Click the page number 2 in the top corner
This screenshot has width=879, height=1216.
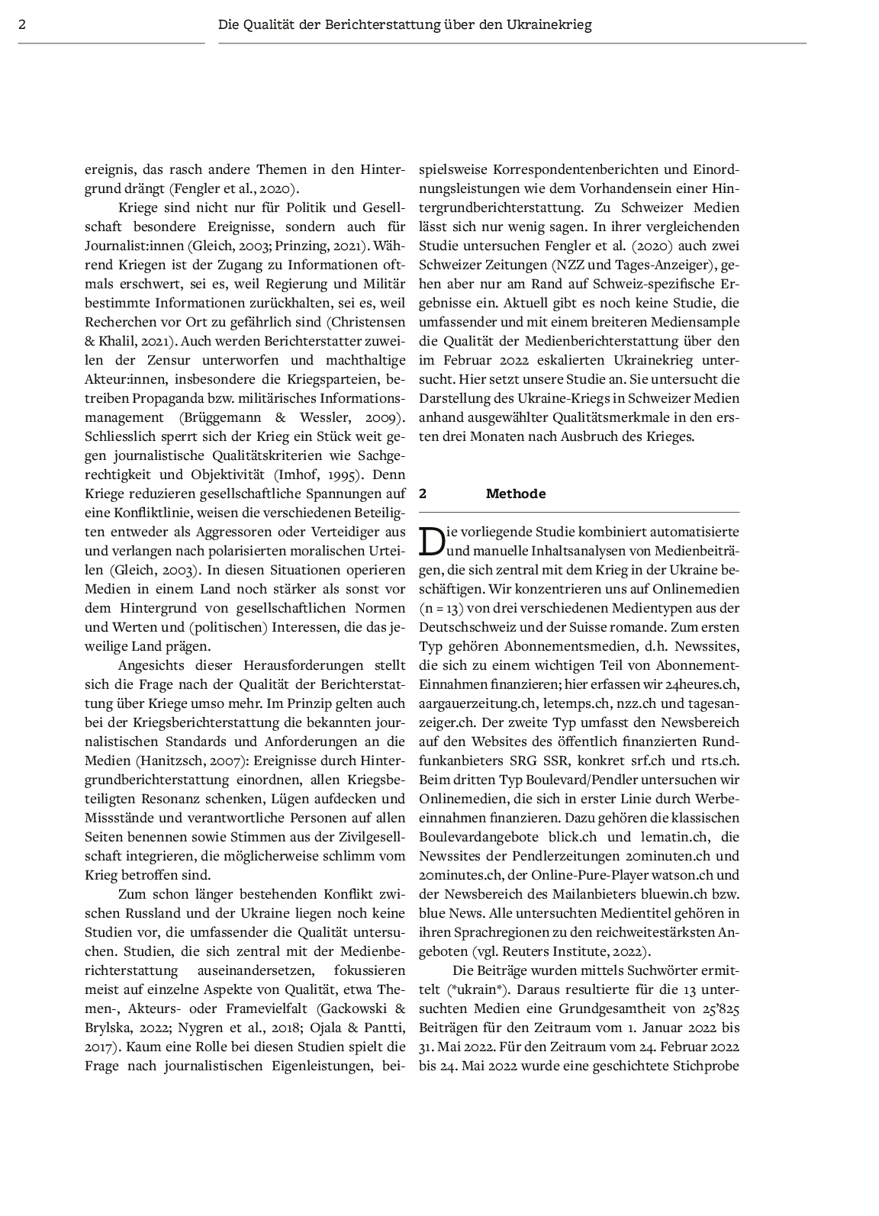[x=22, y=24]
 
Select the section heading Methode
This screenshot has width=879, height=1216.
[x=516, y=494]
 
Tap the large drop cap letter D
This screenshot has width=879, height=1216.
[x=432, y=541]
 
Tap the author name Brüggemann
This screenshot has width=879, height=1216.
[x=221, y=417]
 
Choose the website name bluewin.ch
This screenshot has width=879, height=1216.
[x=678, y=894]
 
